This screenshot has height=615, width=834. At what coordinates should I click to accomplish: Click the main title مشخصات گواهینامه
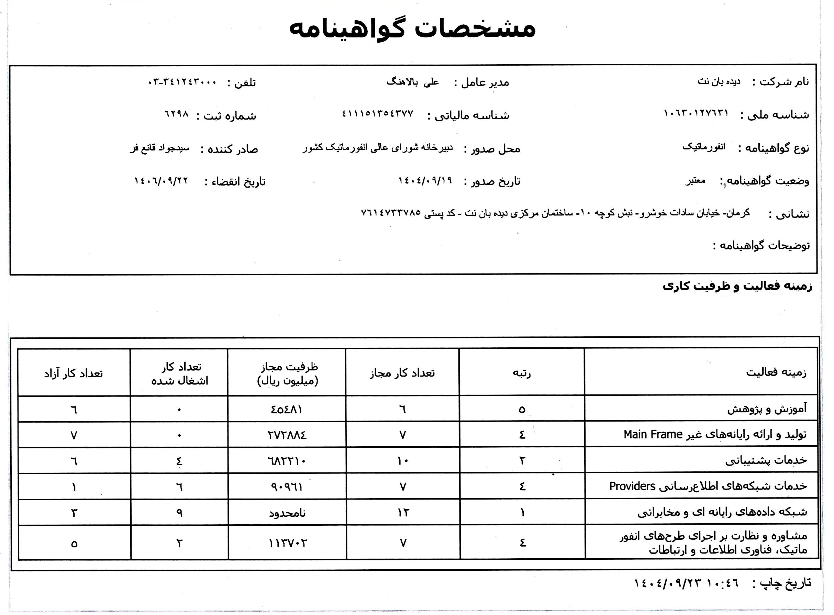coord(412,29)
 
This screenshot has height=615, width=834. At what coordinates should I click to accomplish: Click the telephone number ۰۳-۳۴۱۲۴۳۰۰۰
coord(182,82)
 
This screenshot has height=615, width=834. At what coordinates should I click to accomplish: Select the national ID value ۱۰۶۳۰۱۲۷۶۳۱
coord(696,113)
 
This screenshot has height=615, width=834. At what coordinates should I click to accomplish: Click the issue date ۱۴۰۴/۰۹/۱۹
coord(425,181)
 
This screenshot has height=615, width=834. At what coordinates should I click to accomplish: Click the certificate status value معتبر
coord(695,181)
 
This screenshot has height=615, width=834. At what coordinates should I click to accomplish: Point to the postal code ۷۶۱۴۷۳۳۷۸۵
coord(391,213)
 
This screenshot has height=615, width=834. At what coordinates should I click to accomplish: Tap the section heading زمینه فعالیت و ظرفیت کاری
coord(737,286)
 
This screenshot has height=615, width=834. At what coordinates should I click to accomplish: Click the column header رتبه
coord(522,373)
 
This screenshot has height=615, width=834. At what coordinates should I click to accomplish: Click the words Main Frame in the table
coord(653,434)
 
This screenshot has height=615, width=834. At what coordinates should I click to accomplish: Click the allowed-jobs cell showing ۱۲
coord(403,513)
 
